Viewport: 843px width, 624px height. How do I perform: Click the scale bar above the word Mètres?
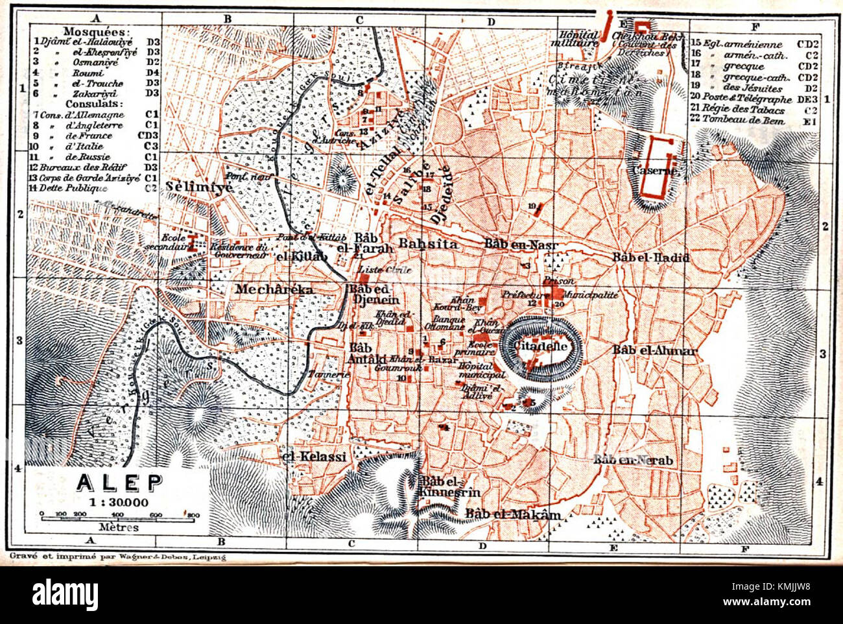[x=120, y=517]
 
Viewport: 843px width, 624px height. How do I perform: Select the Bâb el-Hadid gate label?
[x=650, y=258]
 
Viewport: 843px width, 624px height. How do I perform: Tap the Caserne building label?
[x=653, y=171]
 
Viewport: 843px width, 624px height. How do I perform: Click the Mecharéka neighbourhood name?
[x=274, y=289]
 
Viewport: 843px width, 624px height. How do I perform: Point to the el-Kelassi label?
[x=316, y=457]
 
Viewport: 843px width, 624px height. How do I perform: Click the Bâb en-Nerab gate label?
[x=633, y=460]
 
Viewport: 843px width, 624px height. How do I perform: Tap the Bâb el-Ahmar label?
[x=654, y=350]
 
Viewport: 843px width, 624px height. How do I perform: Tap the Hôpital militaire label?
[x=579, y=38]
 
